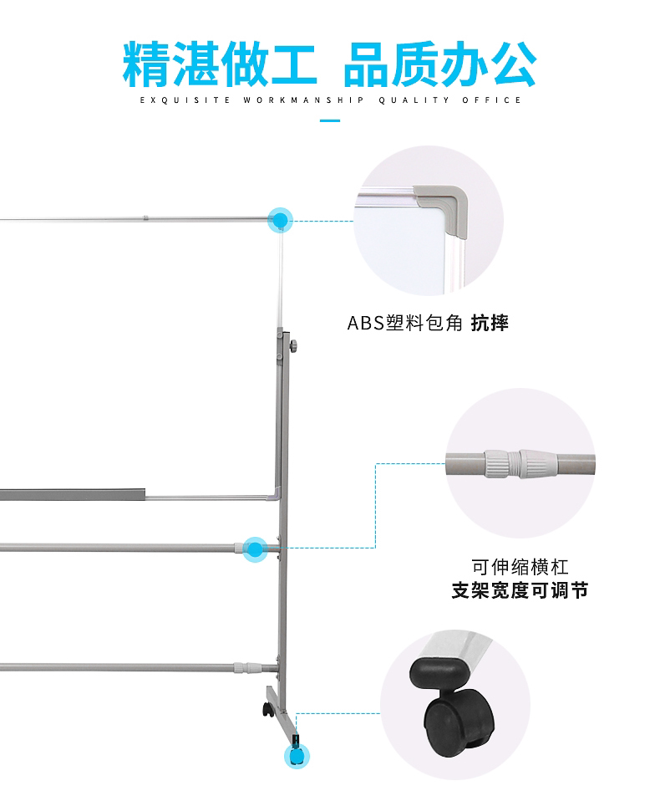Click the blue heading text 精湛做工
coord(220,63)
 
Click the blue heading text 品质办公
coord(439,63)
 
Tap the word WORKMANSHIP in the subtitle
coord(303,100)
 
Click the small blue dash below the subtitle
coord(331,121)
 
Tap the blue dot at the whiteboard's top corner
coord(280,221)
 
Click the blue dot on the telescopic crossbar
coord(255,548)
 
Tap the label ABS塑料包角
coord(404,323)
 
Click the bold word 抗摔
coord(490,323)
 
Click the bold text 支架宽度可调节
coord(520,591)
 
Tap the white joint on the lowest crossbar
coord(244,667)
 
